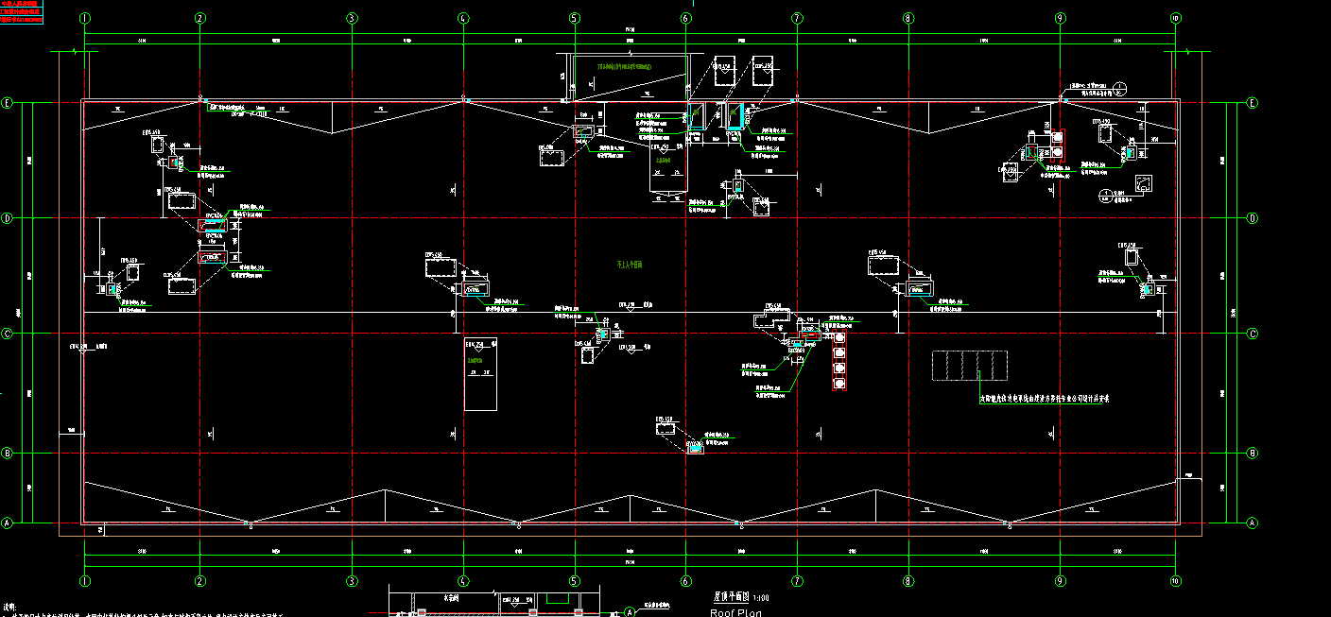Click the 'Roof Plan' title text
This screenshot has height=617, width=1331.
pyautogui.click(x=735, y=612)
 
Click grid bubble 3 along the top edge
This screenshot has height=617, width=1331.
pyautogui.click(x=352, y=18)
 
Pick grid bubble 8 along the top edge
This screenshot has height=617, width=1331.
pyautogui.click(x=907, y=18)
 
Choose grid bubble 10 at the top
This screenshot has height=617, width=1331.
pyautogui.click(x=1175, y=18)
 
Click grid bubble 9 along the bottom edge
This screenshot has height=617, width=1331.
pyautogui.click(x=1060, y=581)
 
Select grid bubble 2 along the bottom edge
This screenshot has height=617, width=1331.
pyautogui.click(x=199, y=581)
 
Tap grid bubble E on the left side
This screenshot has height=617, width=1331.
pyautogui.click(x=8, y=103)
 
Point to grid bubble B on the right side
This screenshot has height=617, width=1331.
pyautogui.click(x=1253, y=454)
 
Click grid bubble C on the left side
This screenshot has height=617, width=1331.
pyautogui.click(x=8, y=334)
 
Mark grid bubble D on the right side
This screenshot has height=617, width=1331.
pyautogui.click(x=1253, y=218)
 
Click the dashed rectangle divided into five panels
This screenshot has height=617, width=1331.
pyautogui.click(x=969, y=366)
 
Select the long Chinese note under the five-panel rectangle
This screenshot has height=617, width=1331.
pyautogui.click(x=1044, y=399)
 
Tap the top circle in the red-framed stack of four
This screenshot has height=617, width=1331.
pyautogui.click(x=838, y=336)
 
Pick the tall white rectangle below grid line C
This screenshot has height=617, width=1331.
pyautogui.click(x=480, y=374)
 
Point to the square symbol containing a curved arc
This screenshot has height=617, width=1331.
pyautogui.click(x=1143, y=184)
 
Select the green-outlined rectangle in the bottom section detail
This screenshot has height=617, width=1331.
pyautogui.click(x=557, y=598)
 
